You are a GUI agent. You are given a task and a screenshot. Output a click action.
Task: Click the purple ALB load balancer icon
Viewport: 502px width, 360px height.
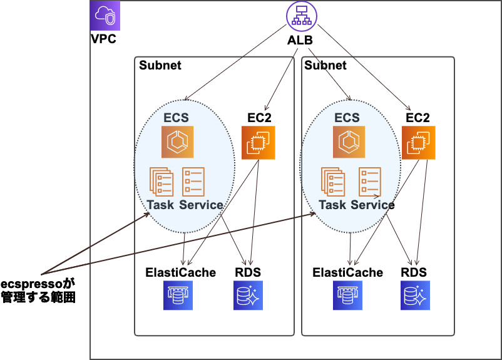point(302,17)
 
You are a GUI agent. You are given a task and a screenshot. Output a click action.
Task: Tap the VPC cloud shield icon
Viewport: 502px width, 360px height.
point(105,15)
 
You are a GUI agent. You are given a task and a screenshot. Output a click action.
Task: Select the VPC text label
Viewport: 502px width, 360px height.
point(103,39)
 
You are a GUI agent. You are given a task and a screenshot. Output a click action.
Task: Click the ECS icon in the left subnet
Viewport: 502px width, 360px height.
point(177,143)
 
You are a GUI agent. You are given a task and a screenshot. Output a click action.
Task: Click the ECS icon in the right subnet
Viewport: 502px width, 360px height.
point(347,143)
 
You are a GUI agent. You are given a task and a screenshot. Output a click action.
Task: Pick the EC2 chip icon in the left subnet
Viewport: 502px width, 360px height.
point(258,143)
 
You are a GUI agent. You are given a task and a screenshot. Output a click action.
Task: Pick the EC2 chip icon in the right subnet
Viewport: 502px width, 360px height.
point(417,143)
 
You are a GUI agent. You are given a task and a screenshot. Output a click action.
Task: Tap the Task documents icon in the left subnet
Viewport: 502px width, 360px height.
point(161,182)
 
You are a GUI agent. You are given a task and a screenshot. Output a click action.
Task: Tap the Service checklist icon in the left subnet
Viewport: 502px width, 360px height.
point(193,182)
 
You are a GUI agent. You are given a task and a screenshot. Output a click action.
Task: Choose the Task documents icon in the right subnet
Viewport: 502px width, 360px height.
point(332,182)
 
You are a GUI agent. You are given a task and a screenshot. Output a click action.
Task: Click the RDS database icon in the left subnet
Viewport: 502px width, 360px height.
point(248,295)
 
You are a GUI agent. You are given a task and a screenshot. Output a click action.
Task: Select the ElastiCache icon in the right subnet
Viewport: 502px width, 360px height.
point(348,295)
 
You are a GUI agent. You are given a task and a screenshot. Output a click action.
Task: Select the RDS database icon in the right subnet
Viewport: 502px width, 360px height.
point(414,295)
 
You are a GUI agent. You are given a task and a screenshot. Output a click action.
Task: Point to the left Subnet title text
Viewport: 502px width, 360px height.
point(160,65)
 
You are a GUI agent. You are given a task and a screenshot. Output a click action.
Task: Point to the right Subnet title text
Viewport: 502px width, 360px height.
point(325,65)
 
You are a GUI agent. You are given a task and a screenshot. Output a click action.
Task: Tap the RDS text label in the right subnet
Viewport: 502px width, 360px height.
point(414,272)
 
